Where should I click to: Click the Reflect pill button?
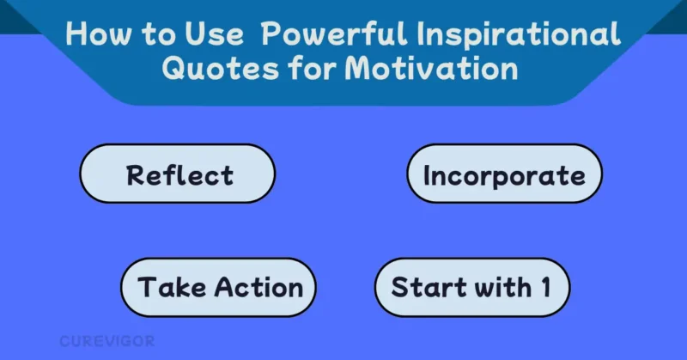tap(178, 174)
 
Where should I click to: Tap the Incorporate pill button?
tap(504, 174)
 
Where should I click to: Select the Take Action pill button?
tap(219, 287)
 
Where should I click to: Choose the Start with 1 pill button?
tap(471, 287)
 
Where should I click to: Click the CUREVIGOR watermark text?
tap(106, 341)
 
